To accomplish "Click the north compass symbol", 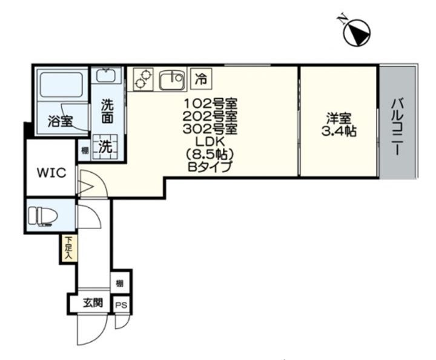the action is (357, 32).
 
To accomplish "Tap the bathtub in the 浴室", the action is (61, 85).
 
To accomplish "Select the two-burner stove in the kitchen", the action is (143, 79).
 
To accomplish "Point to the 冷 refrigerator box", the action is (201, 79).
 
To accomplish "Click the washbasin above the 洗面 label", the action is (107, 75).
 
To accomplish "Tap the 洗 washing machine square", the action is (105, 147).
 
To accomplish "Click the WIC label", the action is (51, 173).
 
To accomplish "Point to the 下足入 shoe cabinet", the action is (68, 248).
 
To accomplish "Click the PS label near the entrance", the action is (121, 305).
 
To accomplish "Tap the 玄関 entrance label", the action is (93, 302).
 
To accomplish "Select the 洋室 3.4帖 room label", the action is (339, 125).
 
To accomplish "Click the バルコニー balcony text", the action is (398, 127).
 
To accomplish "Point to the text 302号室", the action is (210, 129).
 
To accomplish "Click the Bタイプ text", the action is (210, 167).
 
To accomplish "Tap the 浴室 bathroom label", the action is (61, 121).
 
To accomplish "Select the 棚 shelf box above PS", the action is (119, 284).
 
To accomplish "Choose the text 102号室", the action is (211, 104).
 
